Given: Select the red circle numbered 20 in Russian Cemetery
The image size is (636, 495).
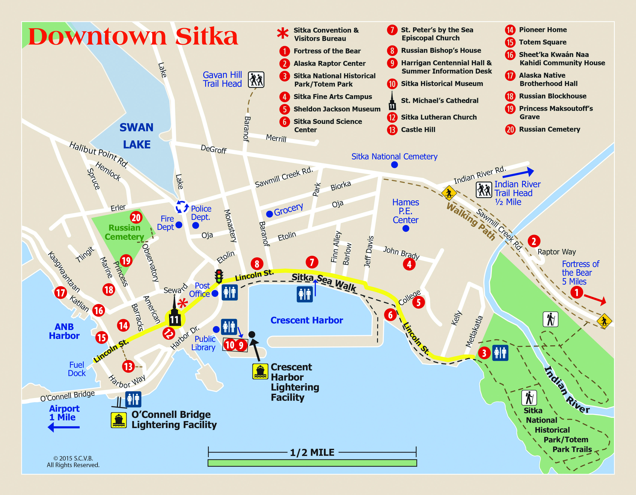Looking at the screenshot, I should click(x=136, y=217).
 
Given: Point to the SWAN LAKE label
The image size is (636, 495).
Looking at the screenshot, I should click(x=137, y=136).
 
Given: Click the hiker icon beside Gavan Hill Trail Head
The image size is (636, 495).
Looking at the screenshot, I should click(x=256, y=80).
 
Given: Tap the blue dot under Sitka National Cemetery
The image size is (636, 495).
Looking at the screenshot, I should click(x=394, y=165).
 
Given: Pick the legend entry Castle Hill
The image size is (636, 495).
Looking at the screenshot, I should click(x=418, y=130).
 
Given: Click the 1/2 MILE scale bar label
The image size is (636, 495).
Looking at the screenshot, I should click(x=312, y=452).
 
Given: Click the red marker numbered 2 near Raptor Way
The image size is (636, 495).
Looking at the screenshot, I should click(x=534, y=241).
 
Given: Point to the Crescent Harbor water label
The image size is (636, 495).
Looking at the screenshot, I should click(x=307, y=320).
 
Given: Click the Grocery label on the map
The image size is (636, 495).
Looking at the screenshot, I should click(x=288, y=209).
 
